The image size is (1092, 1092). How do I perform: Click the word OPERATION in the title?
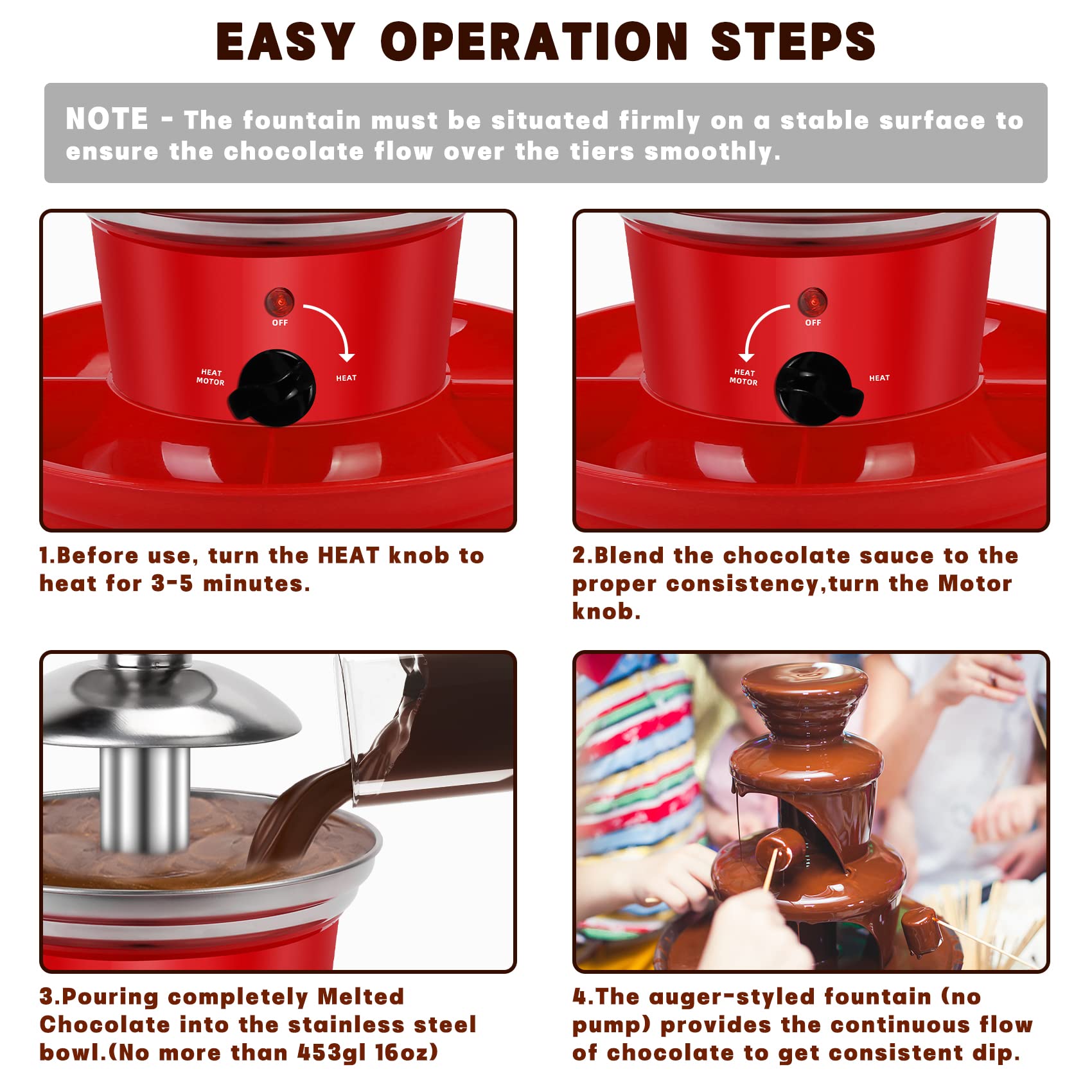[x=534, y=42]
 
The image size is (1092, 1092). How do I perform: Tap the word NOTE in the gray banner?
[x=107, y=119]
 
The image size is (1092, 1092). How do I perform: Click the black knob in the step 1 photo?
[x=274, y=387]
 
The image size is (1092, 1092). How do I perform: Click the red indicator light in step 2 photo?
[x=813, y=301]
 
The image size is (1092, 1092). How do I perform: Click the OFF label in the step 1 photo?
[x=280, y=322]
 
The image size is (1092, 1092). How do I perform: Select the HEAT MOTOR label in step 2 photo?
[x=744, y=377]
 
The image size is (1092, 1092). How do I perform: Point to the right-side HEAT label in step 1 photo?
[x=346, y=378]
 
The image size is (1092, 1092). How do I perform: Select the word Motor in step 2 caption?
[x=975, y=584]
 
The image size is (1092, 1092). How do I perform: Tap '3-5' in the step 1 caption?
[x=172, y=584]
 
